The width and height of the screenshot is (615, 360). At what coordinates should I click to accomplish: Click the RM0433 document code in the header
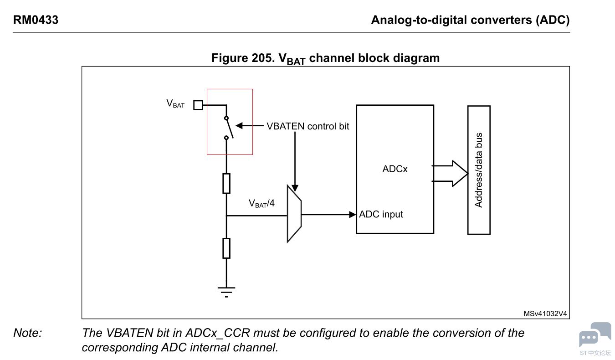36,20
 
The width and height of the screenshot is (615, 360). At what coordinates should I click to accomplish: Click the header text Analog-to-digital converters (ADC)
470,20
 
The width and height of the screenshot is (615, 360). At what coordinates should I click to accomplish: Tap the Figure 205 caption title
325,58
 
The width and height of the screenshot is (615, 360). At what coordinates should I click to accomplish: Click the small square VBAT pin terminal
198,105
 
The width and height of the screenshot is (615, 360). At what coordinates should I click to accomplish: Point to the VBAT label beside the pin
175,104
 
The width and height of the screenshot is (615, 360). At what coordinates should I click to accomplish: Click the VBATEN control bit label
307,126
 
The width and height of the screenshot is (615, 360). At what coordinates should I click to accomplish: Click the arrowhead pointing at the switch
239,126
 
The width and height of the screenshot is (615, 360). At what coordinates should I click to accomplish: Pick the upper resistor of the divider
226,183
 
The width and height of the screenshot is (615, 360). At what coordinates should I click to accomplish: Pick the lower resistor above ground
226,248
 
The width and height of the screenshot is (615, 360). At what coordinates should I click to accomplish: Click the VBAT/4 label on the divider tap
261,204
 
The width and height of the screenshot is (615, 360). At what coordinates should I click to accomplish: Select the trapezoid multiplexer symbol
294,214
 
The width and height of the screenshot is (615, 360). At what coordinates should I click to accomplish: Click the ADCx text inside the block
395,169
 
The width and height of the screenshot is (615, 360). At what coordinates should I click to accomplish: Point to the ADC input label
381,214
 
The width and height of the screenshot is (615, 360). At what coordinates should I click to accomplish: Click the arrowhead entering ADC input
353,214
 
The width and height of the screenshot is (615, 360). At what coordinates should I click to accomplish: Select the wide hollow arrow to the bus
451,174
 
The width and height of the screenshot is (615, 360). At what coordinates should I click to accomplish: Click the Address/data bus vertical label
479,170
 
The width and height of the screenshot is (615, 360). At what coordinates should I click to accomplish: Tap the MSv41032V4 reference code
545,314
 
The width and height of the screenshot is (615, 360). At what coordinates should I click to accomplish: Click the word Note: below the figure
28,333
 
